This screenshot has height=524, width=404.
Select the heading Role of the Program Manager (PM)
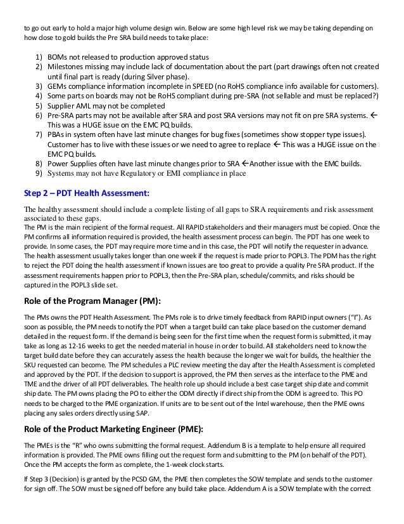[92, 301]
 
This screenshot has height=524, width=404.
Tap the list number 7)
[39, 136]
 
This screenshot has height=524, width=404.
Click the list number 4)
[39, 95]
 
